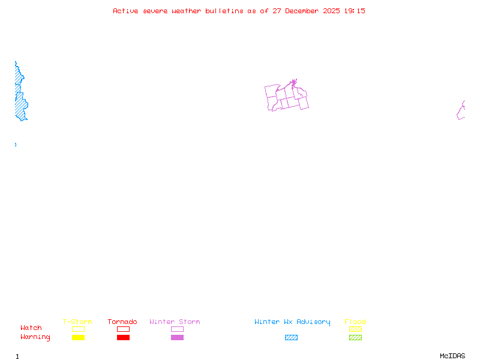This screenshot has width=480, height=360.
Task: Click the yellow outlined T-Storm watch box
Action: tap(78, 329)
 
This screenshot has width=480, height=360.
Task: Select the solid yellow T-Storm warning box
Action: tap(78, 337)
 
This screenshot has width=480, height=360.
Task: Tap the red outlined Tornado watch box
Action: tap(123, 329)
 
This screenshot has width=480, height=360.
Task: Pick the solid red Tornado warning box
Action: tap(123, 337)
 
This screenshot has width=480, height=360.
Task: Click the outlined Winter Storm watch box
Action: tap(177, 329)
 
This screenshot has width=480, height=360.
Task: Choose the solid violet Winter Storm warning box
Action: tap(177, 337)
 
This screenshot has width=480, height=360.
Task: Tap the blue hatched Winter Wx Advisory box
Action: tap(291, 337)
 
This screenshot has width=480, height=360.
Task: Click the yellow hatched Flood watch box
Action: tap(355, 329)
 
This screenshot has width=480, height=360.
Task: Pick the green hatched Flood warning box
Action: tap(355, 337)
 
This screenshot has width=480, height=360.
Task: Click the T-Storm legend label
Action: tap(77, 322)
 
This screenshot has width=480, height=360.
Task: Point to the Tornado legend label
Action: tap(122, 322)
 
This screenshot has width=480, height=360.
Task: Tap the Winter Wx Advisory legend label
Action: tap(292, 322)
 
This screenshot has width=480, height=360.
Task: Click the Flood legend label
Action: tap(355, 322)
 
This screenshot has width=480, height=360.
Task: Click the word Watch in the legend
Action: tap(31, 328)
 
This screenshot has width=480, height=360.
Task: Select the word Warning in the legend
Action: tap(35, 337)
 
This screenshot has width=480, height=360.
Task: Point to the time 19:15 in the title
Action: tap(356, 11)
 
